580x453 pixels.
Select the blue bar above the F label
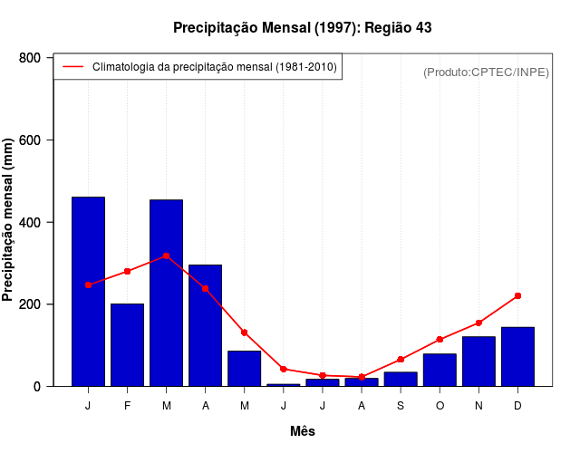[127, 345]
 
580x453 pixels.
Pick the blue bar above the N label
[478, 361]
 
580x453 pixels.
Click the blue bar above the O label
[440, 370]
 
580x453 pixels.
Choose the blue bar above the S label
[401, 379]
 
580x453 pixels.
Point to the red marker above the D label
[517, 295]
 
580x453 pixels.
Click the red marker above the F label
[127, 271]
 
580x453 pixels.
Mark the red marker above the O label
[440, 340]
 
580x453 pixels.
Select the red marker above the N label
[478, 323]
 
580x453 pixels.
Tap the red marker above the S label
[401, 360]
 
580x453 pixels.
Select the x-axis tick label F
[127, 406]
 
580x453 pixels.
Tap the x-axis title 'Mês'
[303, 431]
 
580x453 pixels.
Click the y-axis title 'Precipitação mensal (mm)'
[9, 220]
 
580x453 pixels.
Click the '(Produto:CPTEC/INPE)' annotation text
[486, 72]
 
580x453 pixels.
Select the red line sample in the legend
[73, 67]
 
